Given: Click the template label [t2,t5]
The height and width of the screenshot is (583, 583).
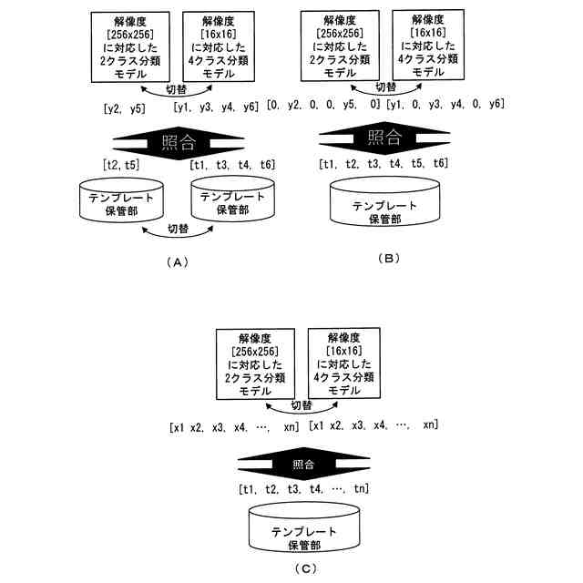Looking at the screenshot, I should tap(121, 165).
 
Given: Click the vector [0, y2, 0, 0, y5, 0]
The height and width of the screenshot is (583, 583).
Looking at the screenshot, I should tap(324, 106).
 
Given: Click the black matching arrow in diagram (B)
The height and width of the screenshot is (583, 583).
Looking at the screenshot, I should tap(384, 138).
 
